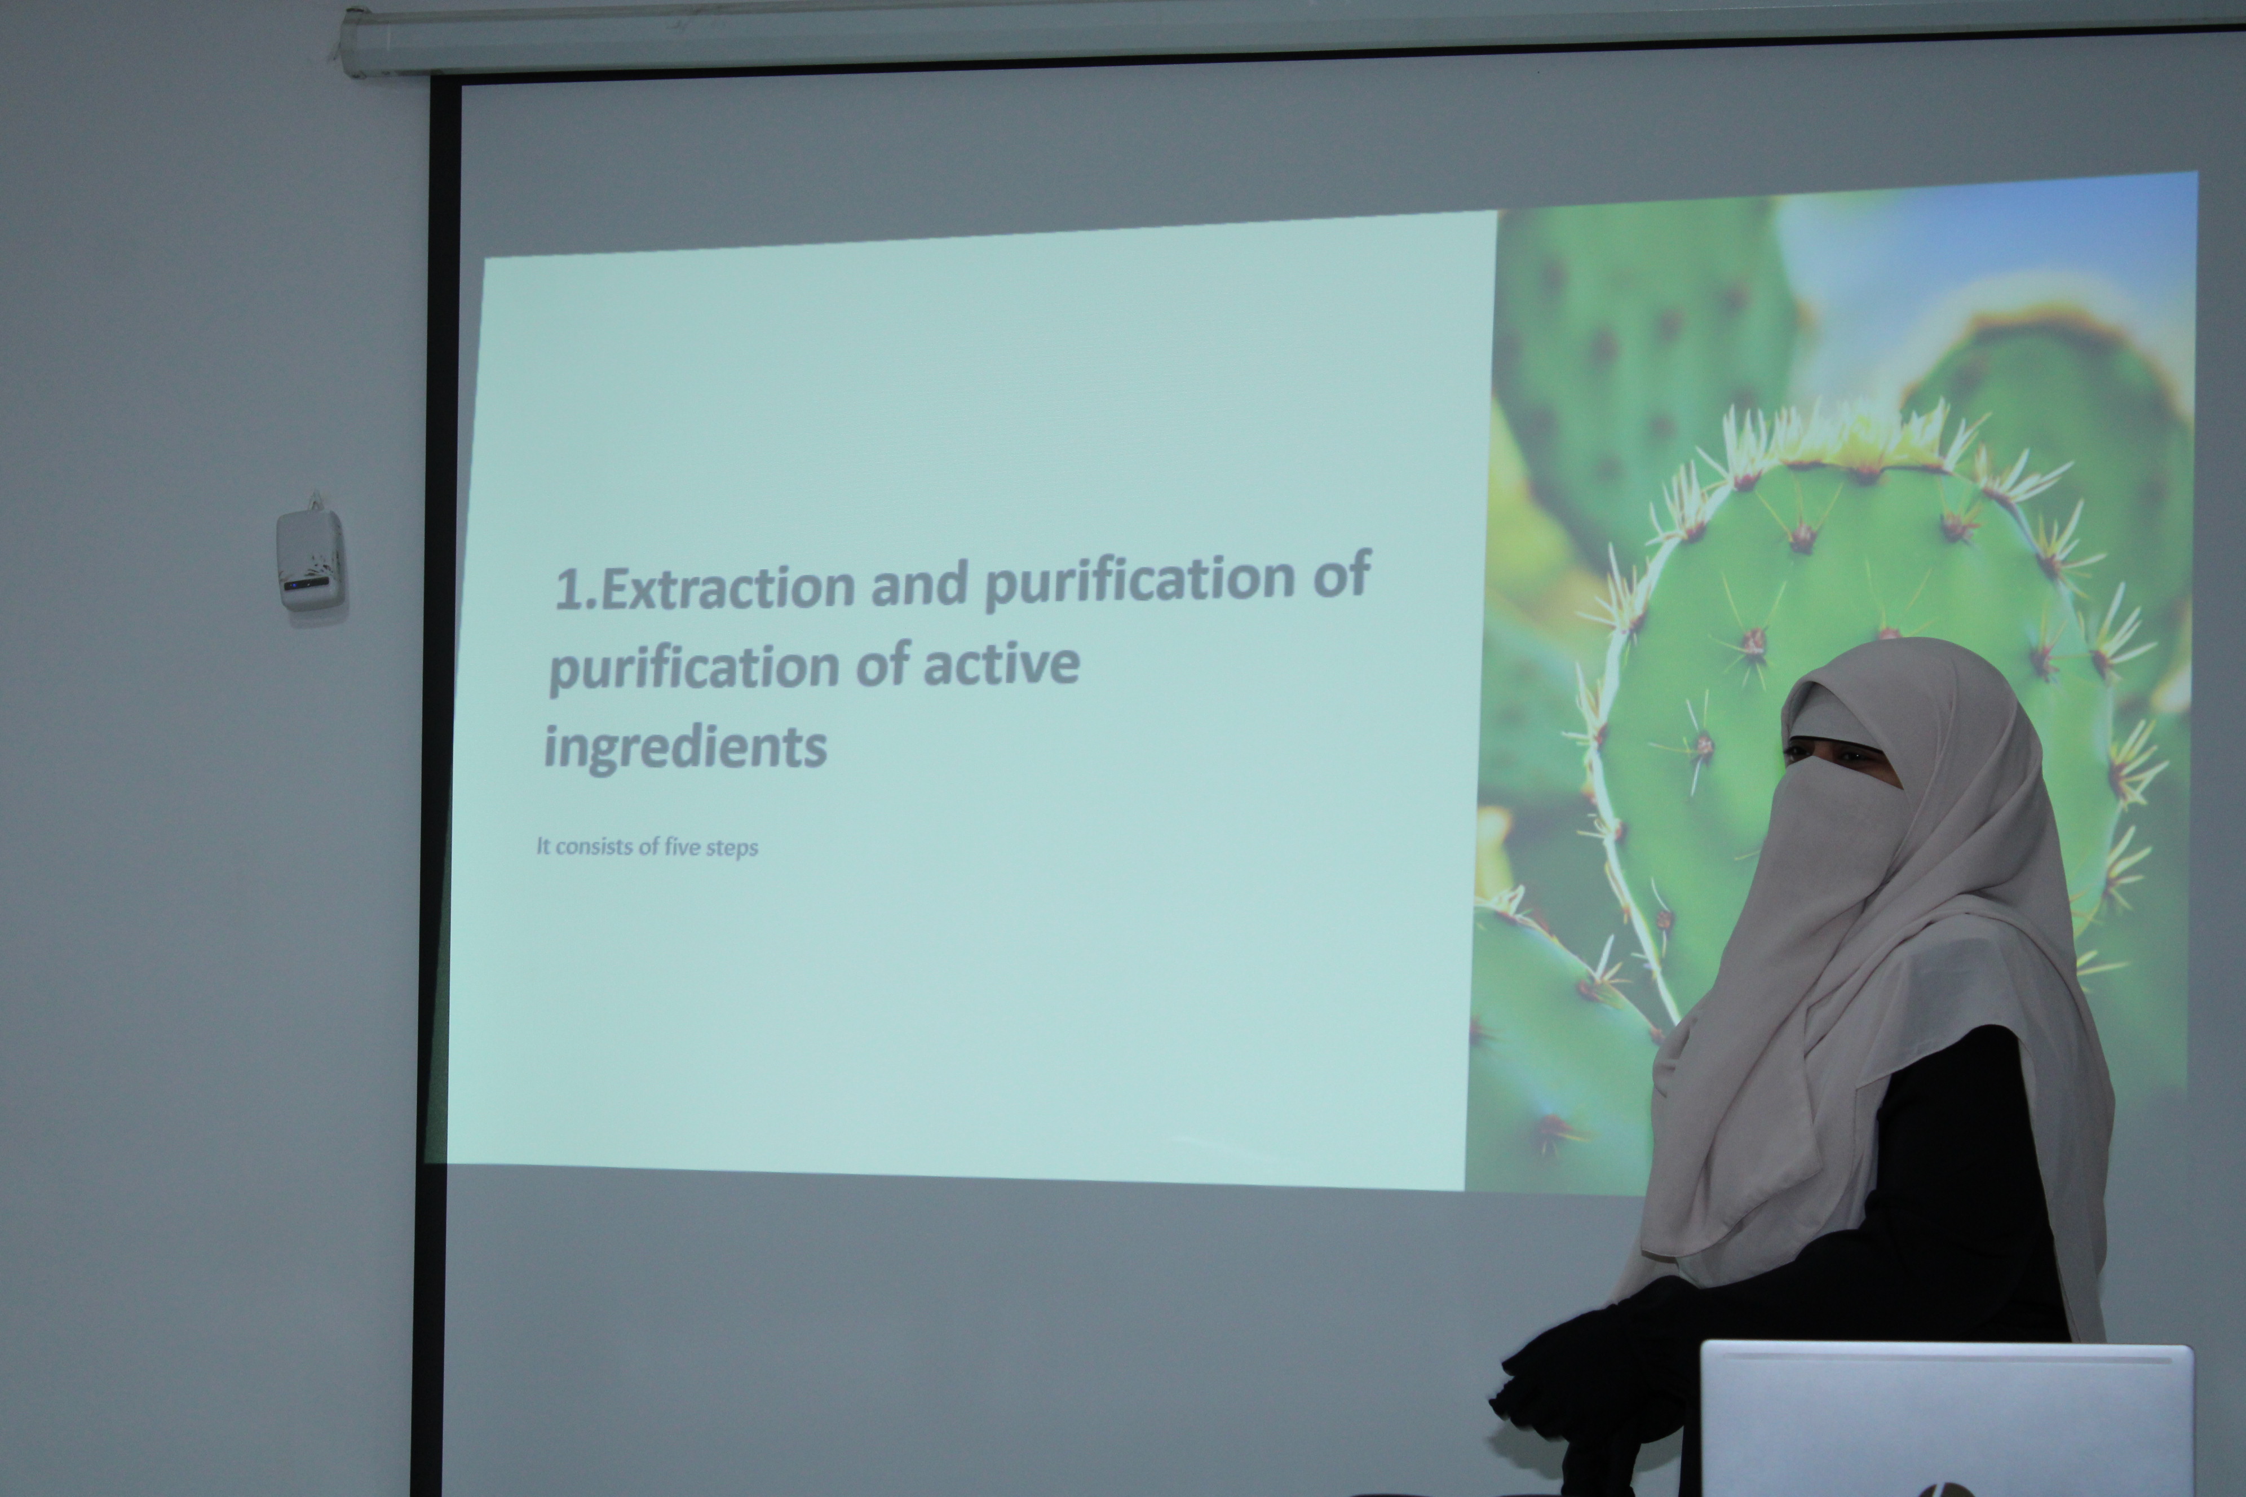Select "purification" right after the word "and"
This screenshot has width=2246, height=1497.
(x=1140, y=578)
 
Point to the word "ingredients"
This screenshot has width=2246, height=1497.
(x=685, y=747)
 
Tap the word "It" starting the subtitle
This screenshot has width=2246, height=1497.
(x=542, y=846)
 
